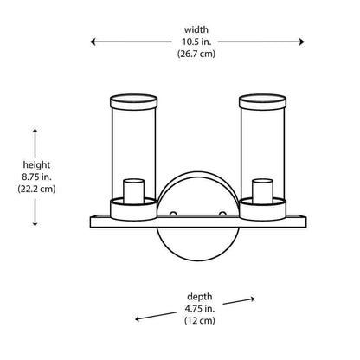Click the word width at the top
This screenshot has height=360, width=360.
[x=196, y=29]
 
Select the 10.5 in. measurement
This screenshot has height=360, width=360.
[x=196, y=42]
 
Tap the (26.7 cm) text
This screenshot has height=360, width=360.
[x=196, y=54]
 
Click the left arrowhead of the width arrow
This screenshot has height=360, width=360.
[x=93, y=42]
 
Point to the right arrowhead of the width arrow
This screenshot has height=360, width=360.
[x=301, y=42]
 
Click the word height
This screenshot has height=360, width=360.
[x=36, y=165]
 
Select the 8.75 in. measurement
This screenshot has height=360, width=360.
[x=36, y=177]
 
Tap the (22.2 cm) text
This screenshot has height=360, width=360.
[x=36, y=189]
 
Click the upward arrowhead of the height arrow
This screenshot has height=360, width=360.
[x=35, y=132]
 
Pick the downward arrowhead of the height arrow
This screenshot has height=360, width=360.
[x=35, y=223]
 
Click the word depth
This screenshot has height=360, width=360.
[x=200, y=297]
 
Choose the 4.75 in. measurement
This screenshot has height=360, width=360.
[x=200, y=309]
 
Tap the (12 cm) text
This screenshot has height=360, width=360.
[x=200, y=320]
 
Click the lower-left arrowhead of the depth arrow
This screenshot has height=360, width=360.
[x=138, y=318]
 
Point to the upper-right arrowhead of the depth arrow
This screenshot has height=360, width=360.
[x=252, y=299]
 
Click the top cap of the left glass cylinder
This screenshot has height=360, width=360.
[x=134, y=102]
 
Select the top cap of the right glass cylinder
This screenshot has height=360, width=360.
[x=262, y=102]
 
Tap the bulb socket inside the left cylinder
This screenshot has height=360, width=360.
[x=134, y=191]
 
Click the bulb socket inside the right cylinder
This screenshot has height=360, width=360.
[x=262, y=191]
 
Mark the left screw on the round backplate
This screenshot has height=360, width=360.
[x=173, y=214]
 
